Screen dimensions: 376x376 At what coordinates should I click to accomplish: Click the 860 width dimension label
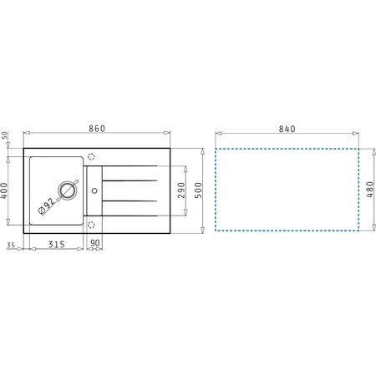97,129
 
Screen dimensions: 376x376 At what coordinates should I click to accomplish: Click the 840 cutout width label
287,129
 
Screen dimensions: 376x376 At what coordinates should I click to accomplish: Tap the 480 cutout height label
369,190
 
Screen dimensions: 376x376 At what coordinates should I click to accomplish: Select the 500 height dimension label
198,191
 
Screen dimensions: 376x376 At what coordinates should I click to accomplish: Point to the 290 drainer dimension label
181,191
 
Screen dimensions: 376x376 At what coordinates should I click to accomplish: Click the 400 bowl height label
4,191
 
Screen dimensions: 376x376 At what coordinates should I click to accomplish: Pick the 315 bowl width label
57,244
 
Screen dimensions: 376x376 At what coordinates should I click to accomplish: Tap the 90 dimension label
95,243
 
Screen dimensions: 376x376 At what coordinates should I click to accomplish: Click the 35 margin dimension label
11,245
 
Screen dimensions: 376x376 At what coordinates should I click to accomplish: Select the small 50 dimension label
5,135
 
